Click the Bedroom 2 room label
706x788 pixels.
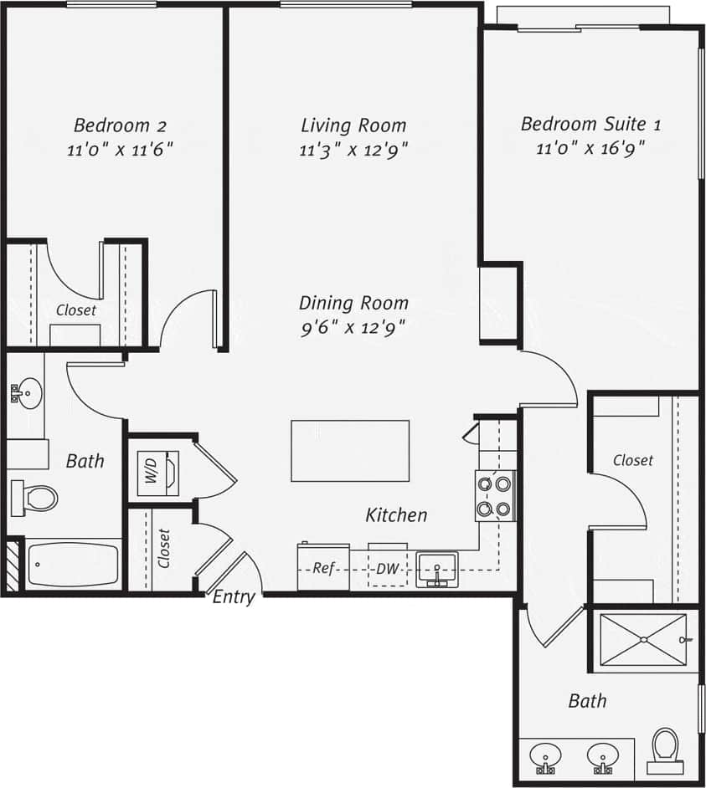tap(120, 126)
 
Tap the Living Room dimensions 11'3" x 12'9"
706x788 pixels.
tap(353, 151)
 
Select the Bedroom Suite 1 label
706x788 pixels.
tap(590, 125)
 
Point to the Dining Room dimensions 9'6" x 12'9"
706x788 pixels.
tap(353, 328)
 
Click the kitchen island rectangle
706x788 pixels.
tap(350, 451)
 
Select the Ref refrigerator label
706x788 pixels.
tap(323, 569)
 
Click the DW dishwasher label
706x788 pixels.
tap(387, 569)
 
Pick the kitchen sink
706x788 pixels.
tap(436, 569)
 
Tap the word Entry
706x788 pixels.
tap(234, 597)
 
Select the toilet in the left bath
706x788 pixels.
tap(35, 499)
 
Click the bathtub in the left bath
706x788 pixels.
tap(74, 565)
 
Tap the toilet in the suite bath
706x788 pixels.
tap(665, 746)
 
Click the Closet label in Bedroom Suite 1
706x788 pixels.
tap(632, 460)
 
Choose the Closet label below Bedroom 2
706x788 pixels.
tap(76, 310)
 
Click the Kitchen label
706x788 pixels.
tap(396, 515)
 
